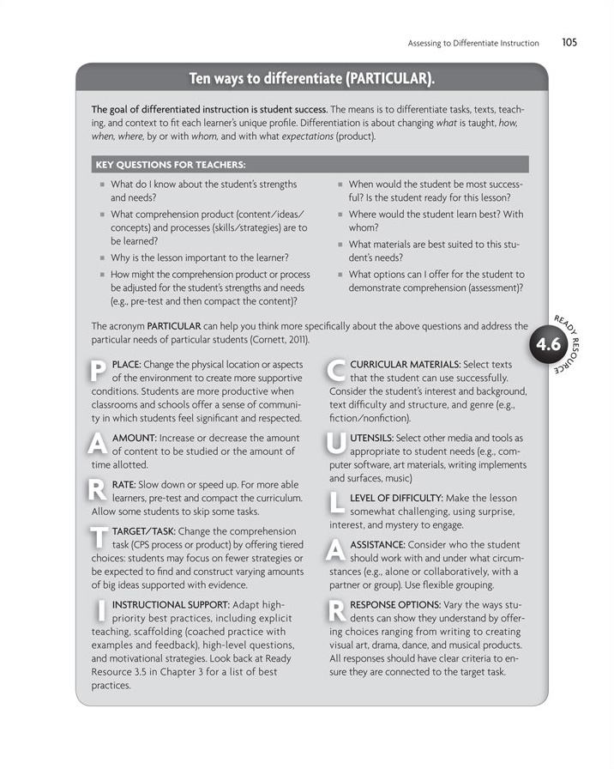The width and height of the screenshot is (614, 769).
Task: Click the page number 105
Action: click(570, 41)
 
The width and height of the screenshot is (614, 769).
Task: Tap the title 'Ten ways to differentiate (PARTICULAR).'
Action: click(311, 80)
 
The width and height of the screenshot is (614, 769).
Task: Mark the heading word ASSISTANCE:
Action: click(382, 544)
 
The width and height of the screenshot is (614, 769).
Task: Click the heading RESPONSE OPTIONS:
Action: click(399, 603)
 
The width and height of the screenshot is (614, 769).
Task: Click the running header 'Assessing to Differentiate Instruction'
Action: click(473, 42)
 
